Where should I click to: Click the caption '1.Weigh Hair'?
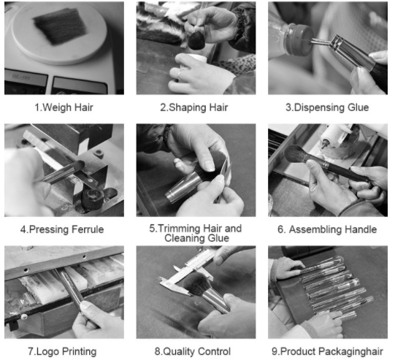[64, 107]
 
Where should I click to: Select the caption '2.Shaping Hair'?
[194, 107]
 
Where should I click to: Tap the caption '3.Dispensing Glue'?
[327, 107]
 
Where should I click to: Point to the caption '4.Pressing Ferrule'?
[62, 229]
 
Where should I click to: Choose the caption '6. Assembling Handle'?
[327, 229]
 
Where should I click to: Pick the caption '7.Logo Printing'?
[62, 351]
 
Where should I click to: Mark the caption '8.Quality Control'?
[193, 351]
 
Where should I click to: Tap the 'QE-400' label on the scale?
[20, 76]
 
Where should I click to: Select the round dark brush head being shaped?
[196, 40]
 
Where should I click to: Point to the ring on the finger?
[180, 74]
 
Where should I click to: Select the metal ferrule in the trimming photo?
[180, 187]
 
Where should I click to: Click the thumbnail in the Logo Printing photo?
[85, 305]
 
